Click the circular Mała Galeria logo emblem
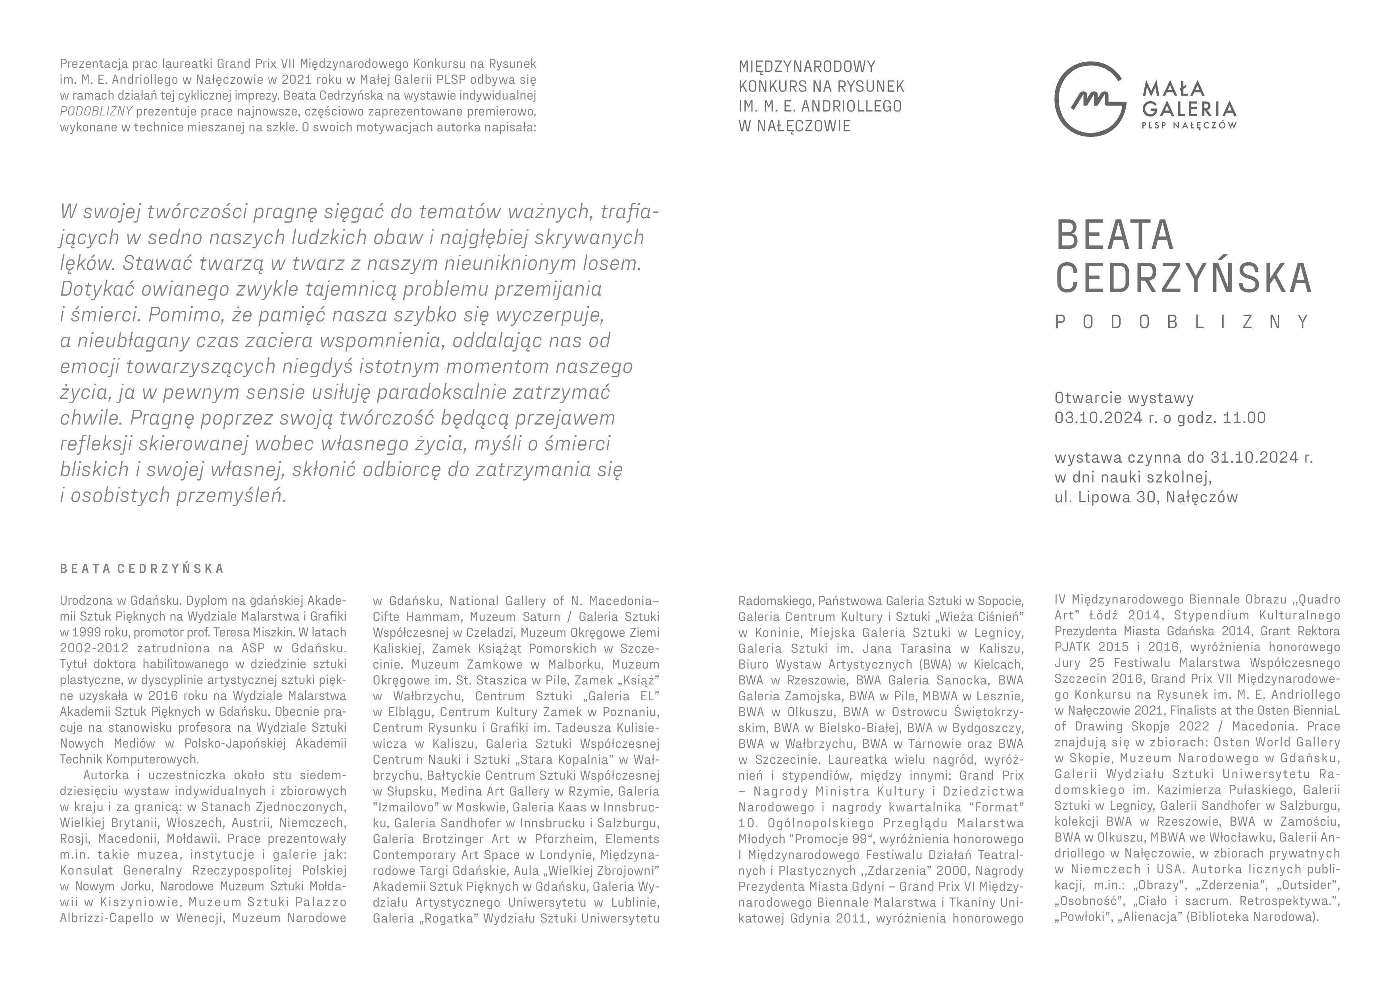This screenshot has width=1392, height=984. pyautogui.click(x=1090, y=98)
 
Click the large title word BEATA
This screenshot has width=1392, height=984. pyautogui.click(x=1114, y=235)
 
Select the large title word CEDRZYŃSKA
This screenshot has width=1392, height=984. pyautogui.click(x=1183, y=278)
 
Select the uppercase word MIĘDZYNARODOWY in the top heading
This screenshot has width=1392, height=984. pyautogui.click(x=806, y=66)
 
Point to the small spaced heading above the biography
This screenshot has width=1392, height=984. pyautogui.click(x=142, y=569)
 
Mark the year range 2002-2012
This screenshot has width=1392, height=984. pyautogui.click(x=92, y=648)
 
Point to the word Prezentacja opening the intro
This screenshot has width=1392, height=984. pyautogui.click(x=89, y=63)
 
